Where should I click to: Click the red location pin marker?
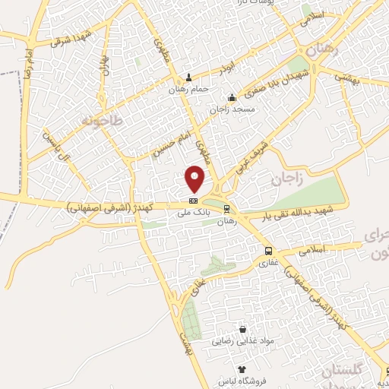tap(195, 179)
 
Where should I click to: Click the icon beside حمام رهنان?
tap(189, 77)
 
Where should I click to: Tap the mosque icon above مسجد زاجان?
tap(232, 97)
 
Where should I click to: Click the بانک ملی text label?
tap(192, 214)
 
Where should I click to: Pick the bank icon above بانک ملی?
tap(192, 201)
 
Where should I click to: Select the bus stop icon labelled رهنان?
tap(226, 208)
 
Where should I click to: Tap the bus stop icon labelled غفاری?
tap(268, 251)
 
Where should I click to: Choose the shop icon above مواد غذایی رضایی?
tap(242, 330)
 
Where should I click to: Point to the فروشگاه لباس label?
tap(242, 379)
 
